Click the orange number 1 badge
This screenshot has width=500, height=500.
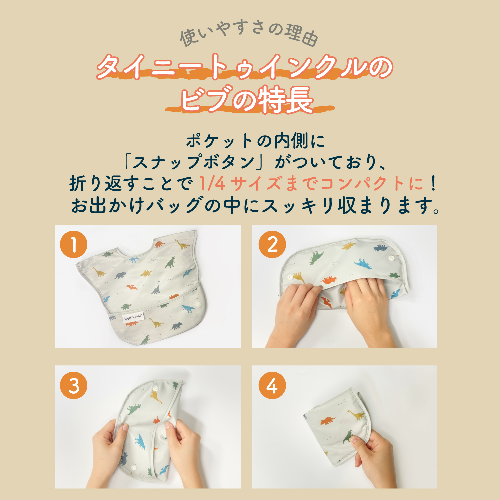pos(74,244)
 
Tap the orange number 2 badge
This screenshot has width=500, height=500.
pos(272,244)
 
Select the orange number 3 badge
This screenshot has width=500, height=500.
pos(74,385)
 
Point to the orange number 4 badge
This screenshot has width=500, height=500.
pos(272,385)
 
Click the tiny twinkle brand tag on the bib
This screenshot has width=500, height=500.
pos(132,317)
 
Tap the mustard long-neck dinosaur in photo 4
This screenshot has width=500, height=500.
pos(357,415)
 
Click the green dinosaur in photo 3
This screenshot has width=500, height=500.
pos(133,409)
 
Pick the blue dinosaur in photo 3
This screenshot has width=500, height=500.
pos(140,442)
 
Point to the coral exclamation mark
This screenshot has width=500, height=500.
pos(433,183)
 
